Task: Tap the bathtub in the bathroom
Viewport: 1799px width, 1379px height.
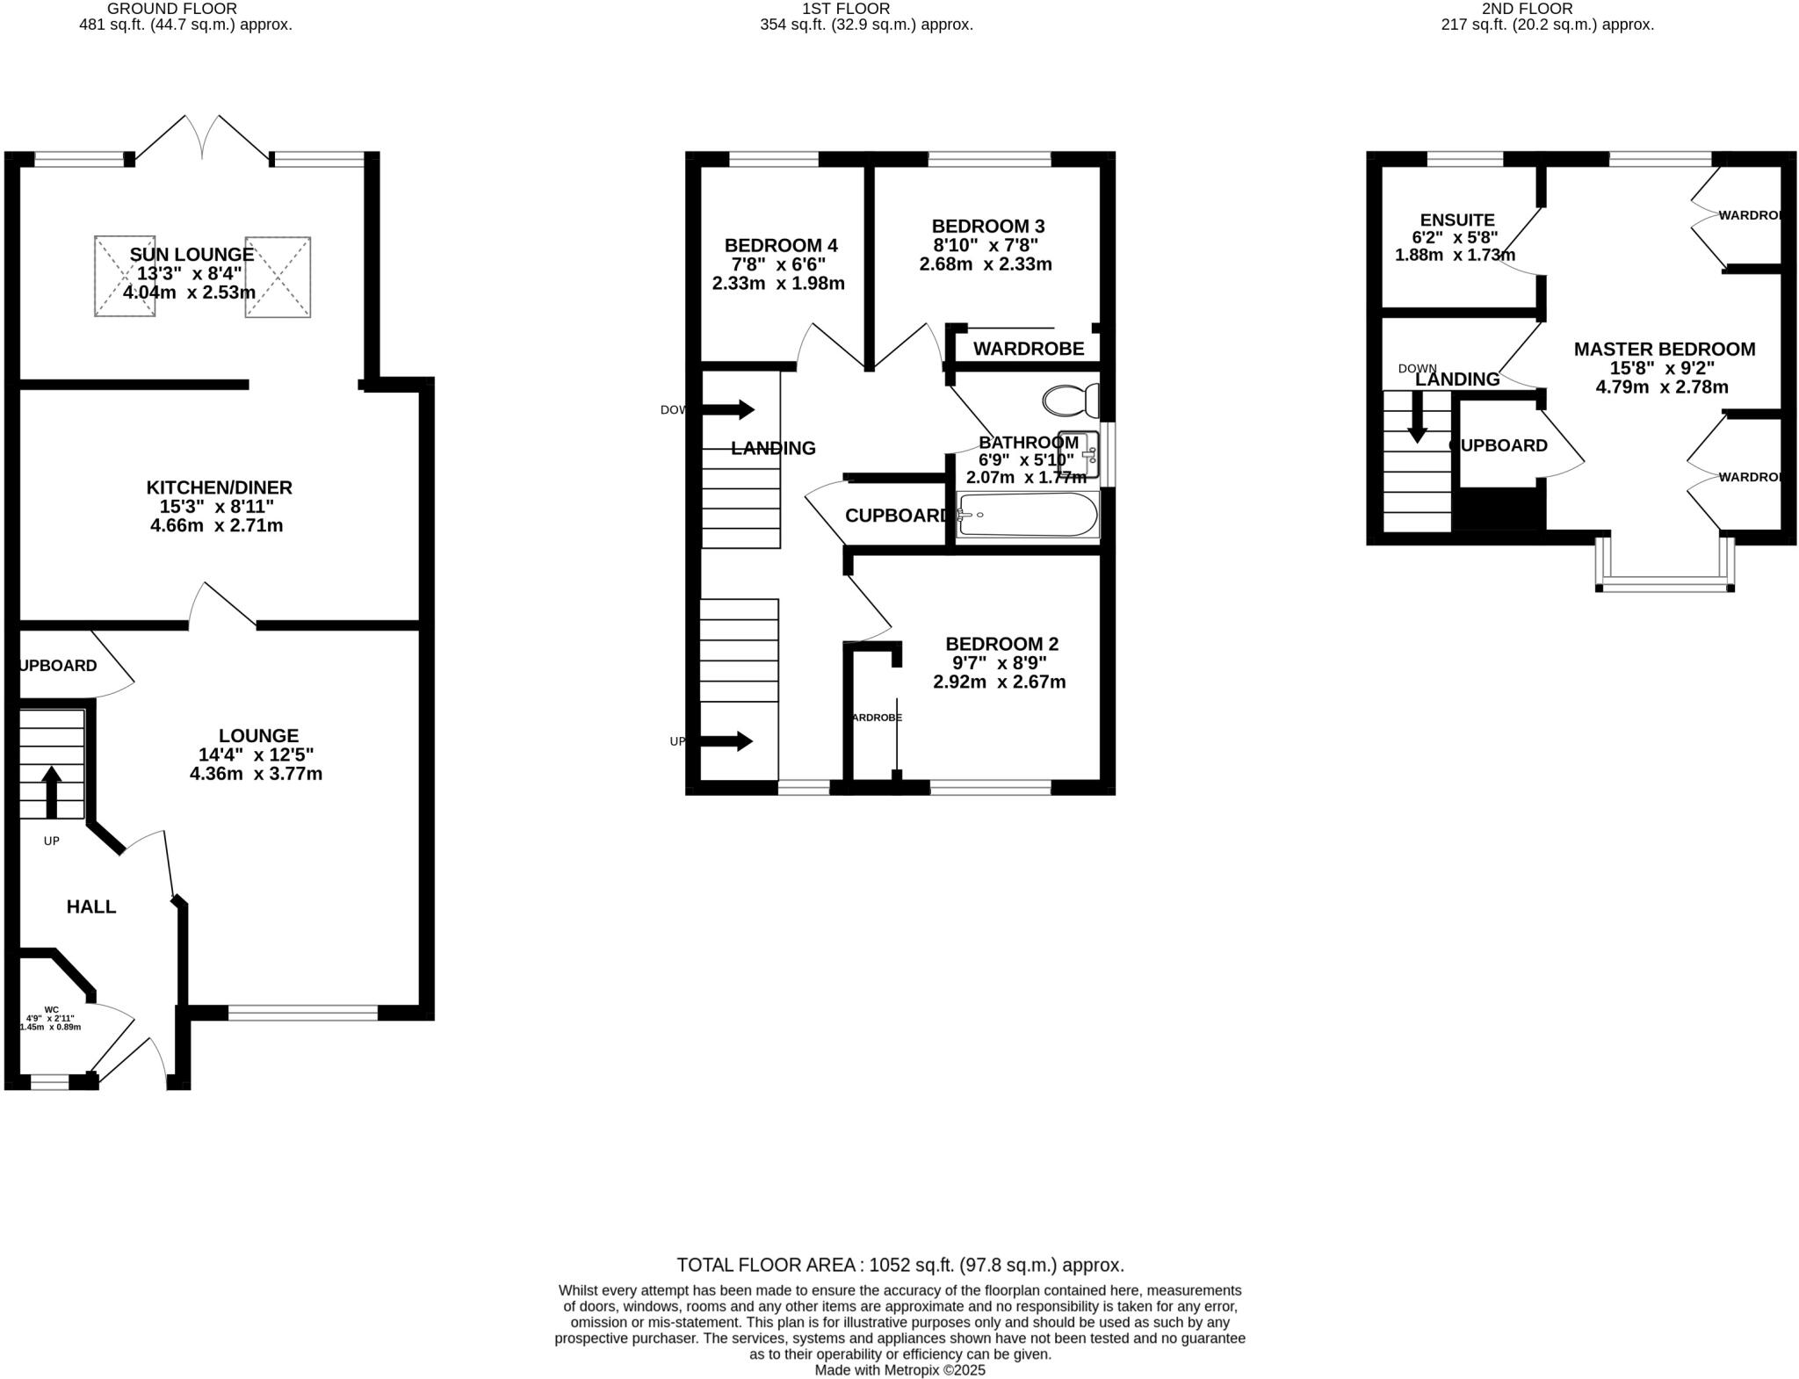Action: (1027, 515)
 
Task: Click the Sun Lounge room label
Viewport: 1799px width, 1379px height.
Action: (191, 255)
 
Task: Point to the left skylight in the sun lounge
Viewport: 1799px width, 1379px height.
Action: (125, 276)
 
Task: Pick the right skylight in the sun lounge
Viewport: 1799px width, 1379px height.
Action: (278, 276)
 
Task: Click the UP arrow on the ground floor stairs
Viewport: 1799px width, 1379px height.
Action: (51, 791)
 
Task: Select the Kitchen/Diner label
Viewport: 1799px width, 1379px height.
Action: (219, 487)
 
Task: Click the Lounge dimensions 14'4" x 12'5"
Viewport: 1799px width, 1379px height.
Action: (256, 754)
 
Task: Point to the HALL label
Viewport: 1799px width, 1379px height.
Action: (91, 906)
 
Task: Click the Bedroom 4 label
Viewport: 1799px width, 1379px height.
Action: (780, 245)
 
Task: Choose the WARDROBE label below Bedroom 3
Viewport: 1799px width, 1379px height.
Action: (1028, 349)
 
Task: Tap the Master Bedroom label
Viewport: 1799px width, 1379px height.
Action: (1664, 350)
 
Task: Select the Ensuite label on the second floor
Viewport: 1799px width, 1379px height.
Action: (1456, 220)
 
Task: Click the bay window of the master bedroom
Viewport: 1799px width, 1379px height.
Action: (1665, 583)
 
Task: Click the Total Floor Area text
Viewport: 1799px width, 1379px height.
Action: (899, 1265)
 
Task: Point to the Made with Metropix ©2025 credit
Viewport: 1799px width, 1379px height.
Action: (899, 1369)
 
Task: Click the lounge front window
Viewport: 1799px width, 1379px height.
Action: (303, 1013)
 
